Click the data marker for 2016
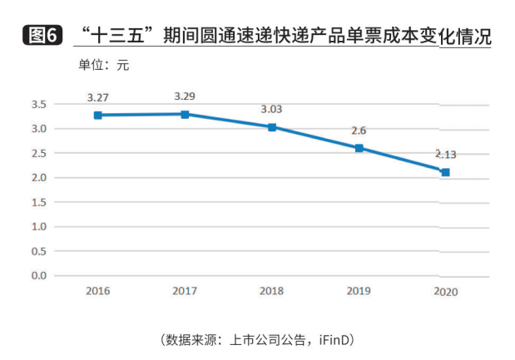(x=97, y=115)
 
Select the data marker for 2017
(x=185, y=114)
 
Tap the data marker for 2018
(x=272, y=127)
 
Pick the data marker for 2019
(x=359, y=148)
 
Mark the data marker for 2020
(x=445, y=172)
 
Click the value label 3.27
(x=97, y=97)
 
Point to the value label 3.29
(x=185, y=96)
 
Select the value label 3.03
(x=272, y=109)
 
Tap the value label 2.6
(x=359, y=130)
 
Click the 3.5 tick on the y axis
(x=39, y=105)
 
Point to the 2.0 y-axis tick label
(x=39, y=178)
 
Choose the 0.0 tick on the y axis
(x=39, y=275)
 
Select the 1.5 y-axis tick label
(x=39, y=202)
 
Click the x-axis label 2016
(x=97, y=291)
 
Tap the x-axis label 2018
(x=272, y=291)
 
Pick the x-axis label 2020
(x=446, y=291)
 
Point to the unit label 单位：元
(x=104, y=64)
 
